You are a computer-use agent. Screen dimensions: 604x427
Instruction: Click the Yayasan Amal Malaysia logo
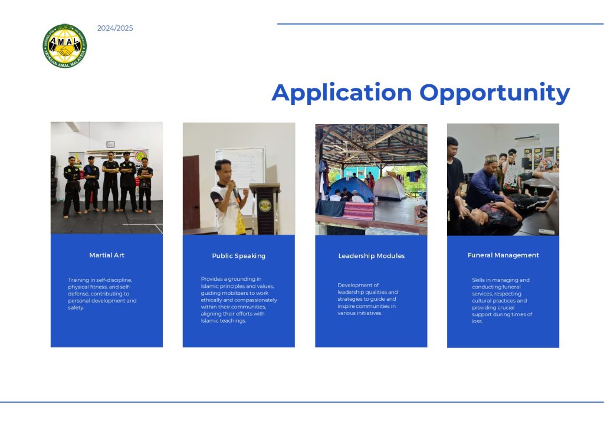[x=65, y=46]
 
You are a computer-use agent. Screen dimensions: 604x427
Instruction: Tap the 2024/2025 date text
[x=115, y=28]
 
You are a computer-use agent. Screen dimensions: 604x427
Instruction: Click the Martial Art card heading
[x=107, y=255]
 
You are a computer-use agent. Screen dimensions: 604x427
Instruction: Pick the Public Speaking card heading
[x=238, y=256]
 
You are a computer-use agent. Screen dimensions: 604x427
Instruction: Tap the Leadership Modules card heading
[x=372, y=255]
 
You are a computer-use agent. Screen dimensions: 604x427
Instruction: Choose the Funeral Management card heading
[x=503, y=255]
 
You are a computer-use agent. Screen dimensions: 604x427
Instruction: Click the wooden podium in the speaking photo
[x=265, y=208]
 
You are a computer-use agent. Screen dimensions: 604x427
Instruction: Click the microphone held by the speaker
[x=235, y=189]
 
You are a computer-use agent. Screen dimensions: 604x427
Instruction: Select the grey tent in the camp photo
[x=389, y=188]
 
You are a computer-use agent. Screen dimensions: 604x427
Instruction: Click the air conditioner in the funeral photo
[x=527, y=140]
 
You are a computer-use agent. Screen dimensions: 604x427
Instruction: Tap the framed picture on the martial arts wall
[x=110, y=144]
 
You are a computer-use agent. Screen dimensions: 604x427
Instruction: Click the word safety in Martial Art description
[x=76, y=308]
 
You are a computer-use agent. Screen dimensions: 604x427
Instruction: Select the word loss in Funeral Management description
[x=477, y=321]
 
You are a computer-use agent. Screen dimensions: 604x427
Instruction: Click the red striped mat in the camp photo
[x=358, y=211]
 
